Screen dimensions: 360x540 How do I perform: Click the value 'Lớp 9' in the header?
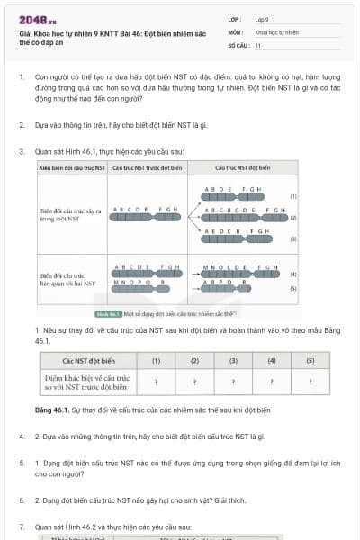262,19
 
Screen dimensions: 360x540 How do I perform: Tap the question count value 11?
258,44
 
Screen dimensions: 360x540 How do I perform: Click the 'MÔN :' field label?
236,31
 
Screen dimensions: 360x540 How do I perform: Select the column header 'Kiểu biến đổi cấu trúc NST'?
72,167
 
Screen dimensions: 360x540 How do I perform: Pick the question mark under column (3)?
233,382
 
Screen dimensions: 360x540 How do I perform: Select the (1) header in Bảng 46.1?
156,360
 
